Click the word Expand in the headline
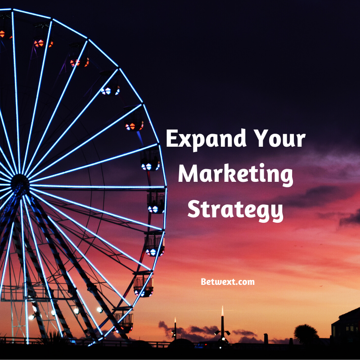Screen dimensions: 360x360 pos(206,139)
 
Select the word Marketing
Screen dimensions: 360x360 pos(235,175)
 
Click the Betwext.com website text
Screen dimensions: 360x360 pos(228,282)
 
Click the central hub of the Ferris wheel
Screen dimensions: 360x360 pos(20,183)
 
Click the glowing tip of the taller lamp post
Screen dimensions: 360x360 pos(222,311)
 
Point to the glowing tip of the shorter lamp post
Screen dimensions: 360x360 pos(175,320)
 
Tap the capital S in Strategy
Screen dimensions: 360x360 pos(194,208)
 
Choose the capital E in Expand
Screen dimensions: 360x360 pos(171,138)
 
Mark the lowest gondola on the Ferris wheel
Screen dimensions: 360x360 pos(124,323)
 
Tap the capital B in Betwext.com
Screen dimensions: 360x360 pos(203,282)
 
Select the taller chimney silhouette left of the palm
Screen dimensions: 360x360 pos(266,339)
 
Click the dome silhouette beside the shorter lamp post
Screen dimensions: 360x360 pos(181,342)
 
